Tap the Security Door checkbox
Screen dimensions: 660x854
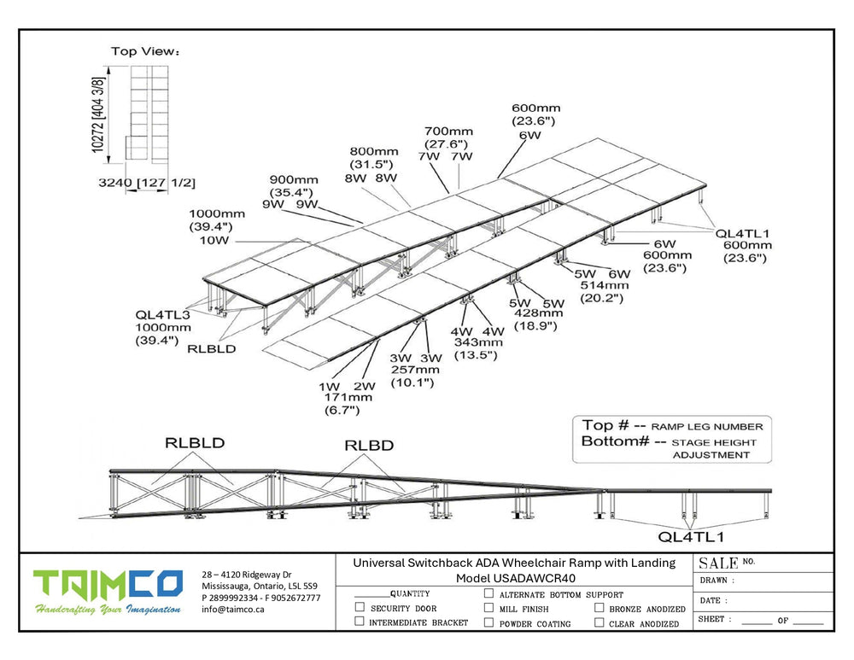(360, 608)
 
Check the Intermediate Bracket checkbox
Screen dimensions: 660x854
(360, 622)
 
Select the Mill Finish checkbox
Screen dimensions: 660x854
(488, 608)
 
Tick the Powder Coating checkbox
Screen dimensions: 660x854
(488, 622)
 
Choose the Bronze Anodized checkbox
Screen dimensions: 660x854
(599, 608)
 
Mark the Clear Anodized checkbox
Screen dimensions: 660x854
(599, 622)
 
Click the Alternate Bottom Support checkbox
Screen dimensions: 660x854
(488, 593)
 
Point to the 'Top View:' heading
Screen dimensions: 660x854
(145, 51)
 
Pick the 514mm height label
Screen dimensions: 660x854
(605, 285)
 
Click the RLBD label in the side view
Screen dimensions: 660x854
(369, 446)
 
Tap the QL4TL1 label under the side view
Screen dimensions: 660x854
(691, 537)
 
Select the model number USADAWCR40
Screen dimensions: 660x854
(516, 578)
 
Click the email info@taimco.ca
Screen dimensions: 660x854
(232, 610)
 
